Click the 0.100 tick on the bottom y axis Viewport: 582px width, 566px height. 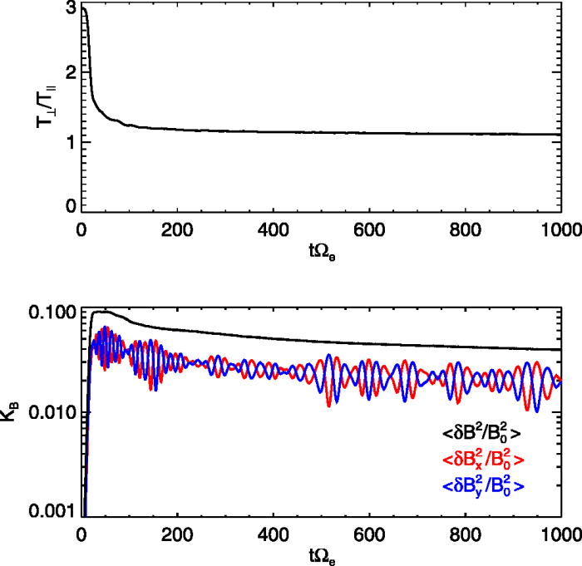coord(52,313)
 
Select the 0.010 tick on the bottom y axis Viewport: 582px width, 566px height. coord(52,413)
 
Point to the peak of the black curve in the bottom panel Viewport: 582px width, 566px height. coord(104,312)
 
